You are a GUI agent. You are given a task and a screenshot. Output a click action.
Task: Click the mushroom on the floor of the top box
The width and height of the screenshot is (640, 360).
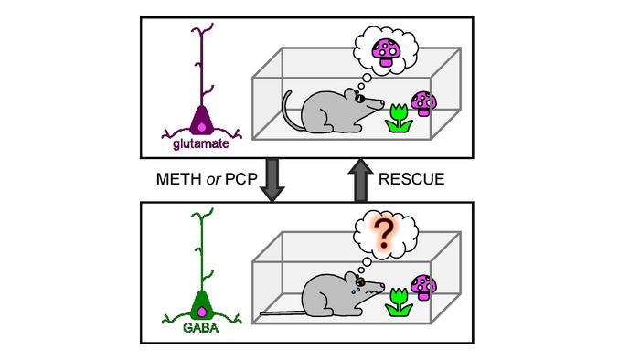coord(422,103)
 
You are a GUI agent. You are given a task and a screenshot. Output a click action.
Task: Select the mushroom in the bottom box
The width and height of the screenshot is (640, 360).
coord(422,285)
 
